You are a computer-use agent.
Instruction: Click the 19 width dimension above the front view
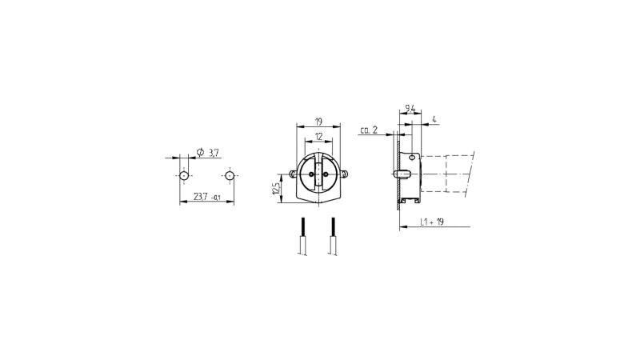coord(318,122)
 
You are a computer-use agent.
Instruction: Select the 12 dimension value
coord(318,136)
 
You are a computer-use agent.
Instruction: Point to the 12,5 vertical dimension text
coord(276,189)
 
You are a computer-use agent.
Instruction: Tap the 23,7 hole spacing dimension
coord(201,196)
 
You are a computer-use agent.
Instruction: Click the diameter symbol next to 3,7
coord(200,152)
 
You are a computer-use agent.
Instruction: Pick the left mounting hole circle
coord(184,176)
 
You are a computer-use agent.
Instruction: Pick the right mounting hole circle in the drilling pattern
coord(230,176)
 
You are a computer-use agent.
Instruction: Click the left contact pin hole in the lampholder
coord(312,174)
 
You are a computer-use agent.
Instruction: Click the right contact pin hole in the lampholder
coord(326,174)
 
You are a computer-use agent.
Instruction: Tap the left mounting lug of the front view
coord(293,174)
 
